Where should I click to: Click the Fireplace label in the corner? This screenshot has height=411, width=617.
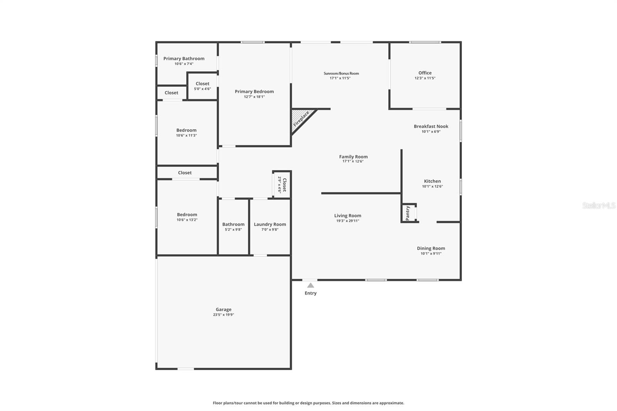coord(301,119)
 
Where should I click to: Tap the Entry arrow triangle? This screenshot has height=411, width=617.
coord(310,286)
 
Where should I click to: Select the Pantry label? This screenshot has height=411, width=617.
coord(408,213)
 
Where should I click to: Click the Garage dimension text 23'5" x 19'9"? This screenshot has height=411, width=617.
coord(223,315)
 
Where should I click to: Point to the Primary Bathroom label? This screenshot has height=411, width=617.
coord(184,59)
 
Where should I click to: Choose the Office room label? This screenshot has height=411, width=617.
coord(425,73)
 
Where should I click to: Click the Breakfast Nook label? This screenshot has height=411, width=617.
coord(431,126)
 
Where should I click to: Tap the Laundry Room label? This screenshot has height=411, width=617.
coord(270,224)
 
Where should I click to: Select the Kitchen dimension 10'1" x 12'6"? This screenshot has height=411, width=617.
coord(432,187)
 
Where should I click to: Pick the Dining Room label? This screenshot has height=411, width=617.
coord(431,248)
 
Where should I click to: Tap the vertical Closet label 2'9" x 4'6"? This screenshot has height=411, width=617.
coord(284,185)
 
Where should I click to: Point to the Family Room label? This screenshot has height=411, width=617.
coord(353,157)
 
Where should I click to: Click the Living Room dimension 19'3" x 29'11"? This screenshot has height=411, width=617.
coord(347,221)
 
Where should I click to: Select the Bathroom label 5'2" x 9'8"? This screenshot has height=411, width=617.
coord(233,224)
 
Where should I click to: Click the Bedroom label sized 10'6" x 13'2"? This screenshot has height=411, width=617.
coord(187,215)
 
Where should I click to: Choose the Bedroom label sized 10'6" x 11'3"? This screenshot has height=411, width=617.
coord(186,130)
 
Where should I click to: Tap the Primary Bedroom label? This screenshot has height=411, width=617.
coord(254,92)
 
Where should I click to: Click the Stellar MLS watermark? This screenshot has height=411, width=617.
coord(598,205)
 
